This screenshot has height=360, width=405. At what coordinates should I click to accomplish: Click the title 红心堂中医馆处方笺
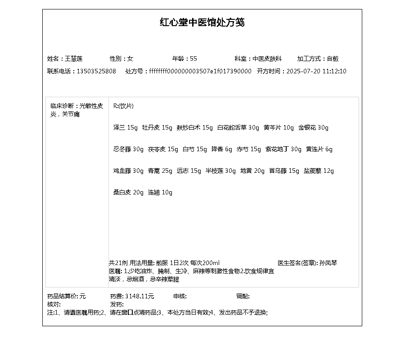click(x=202, y=22)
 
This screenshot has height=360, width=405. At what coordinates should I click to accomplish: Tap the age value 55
click(x=193, y=58)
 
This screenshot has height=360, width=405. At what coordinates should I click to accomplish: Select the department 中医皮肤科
click(x=267, y=58)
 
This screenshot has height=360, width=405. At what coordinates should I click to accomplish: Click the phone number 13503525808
click(x=96, y=71)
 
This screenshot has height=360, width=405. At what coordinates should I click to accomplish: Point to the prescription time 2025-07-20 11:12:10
click(x=316, y=71)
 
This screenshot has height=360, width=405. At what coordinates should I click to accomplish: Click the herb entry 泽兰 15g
click(x=126, y=127)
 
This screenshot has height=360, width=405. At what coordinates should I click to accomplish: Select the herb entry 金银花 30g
click(x=313, y=127)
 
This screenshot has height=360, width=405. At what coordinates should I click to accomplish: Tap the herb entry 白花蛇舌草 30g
click(x=238, y=127)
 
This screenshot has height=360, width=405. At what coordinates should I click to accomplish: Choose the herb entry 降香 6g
click(x=222, y=149)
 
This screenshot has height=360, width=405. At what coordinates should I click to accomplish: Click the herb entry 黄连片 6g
click(x=319, y=149)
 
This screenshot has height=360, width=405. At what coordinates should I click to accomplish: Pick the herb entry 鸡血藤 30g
click(x=128, y=171)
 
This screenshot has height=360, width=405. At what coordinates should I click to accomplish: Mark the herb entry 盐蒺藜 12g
click(x=319, y=171)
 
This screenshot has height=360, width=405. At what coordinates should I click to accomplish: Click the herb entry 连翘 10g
click(x=160, y=192)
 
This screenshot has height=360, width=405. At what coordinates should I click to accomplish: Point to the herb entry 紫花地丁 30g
click(x=283, y=149)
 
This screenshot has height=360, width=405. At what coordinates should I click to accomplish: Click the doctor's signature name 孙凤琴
click(x=328, y=263)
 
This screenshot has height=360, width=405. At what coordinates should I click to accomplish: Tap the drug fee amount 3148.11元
click(x=139, y=296)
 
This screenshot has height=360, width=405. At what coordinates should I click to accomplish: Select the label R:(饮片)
click(x=123, y=106)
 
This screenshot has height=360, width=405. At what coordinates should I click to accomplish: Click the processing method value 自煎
click(x=333, y=58)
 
